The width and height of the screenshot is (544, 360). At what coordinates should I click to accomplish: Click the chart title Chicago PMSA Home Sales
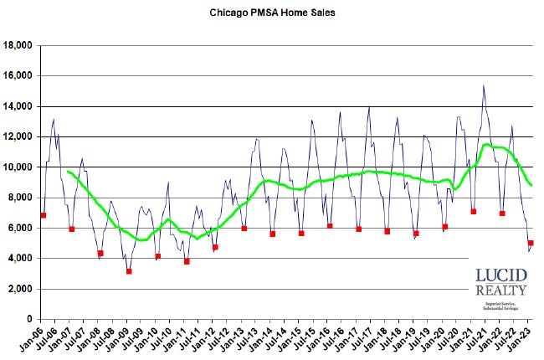coord(271,14)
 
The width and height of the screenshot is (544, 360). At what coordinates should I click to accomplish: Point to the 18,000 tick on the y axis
coord(18,45)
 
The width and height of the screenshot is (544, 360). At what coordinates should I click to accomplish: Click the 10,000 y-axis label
coord(18,167)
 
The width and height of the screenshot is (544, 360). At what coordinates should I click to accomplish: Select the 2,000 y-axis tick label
coord(21,289)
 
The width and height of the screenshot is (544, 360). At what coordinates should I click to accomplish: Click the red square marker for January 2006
coord(43,215)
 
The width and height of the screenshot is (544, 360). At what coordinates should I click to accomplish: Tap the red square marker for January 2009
coord(129,271)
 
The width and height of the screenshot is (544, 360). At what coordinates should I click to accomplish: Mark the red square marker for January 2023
coord(531,243)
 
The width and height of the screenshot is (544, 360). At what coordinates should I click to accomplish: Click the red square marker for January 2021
coord(474,211)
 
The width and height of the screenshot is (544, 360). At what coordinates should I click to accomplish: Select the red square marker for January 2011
coord(187,261)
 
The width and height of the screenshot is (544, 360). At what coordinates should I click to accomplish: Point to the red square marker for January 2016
coord(330,226)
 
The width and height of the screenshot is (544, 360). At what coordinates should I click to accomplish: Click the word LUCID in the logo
coord(500,276)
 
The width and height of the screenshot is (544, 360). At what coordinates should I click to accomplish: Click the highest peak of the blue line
coord(483,85)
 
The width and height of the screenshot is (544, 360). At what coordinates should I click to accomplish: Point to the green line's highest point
coord(486,145)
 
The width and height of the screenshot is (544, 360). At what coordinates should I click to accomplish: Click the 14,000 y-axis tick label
coord(18,106)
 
